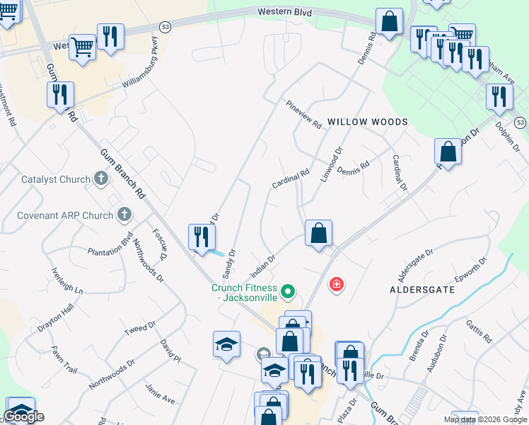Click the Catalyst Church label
(x=56, y=179)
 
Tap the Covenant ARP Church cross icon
(x=124, y=214)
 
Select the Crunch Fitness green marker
(x=287, y=290)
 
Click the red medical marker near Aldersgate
(x=337, y=285)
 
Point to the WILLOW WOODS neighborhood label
(x=367, y=122)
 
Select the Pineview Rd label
(x=304, y=114)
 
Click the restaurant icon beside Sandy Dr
(x=202, y=237)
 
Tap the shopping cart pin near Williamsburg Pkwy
(x=83, y=47)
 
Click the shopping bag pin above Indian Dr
(x=318, y=232)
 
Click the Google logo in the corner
(x=23, y=416)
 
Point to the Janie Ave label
(x=159, y=394)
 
